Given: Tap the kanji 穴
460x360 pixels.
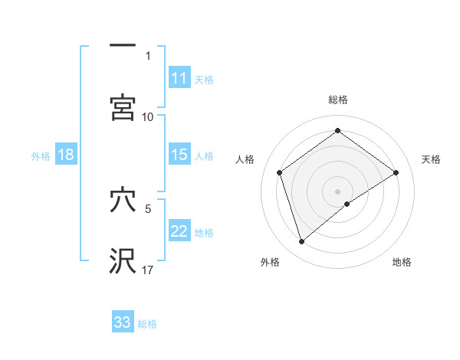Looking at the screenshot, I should tap(123, 201).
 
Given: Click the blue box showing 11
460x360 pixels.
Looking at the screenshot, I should tap(179, 78).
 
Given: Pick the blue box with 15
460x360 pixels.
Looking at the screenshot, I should tap(179, 155).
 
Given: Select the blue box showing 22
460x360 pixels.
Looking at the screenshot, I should tap(179, 231).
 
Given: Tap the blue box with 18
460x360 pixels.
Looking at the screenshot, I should tap(66, 155).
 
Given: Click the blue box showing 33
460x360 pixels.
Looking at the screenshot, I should tap(123, 322).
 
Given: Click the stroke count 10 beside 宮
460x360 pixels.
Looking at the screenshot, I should tap(148, 116).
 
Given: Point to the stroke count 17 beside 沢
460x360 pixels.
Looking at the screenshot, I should tap(148, 270).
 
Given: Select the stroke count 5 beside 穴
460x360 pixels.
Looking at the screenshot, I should tap(149, 208).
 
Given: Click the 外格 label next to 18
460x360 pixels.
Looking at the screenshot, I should tap(41, 155).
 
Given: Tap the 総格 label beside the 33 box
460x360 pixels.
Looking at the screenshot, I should tap(147, 324).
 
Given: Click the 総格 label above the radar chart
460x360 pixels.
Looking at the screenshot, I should tap(338, 100).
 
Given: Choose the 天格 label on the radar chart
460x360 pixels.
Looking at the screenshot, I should tap(432, 159).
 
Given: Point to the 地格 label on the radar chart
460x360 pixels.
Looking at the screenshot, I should tap(402, 262).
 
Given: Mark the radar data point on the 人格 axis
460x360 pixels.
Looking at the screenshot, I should tap(280, 172).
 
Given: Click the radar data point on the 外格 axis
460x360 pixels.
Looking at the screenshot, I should tap(302, 242).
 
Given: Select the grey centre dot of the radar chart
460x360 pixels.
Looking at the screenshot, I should tap(338, 191).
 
